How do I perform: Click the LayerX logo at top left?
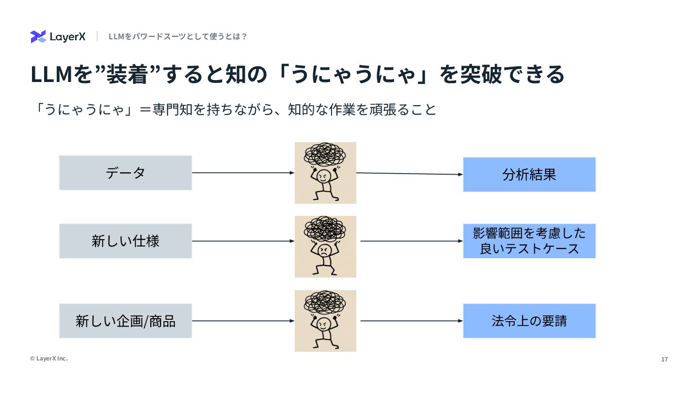point(58,37)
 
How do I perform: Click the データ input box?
point(126,173)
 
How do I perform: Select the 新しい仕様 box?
point(126,241)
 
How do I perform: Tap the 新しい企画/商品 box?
point(126,321)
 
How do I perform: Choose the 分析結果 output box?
point(529,175)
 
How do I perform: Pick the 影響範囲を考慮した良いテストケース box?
point(529,241)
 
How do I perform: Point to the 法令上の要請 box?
point(529,321)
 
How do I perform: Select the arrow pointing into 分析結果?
point(410,174)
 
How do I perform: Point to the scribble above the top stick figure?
point(325,154)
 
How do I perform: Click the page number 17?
point(665,360)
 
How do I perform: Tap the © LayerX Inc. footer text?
point(49,359)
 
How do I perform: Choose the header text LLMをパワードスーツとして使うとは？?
point(178,36)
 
